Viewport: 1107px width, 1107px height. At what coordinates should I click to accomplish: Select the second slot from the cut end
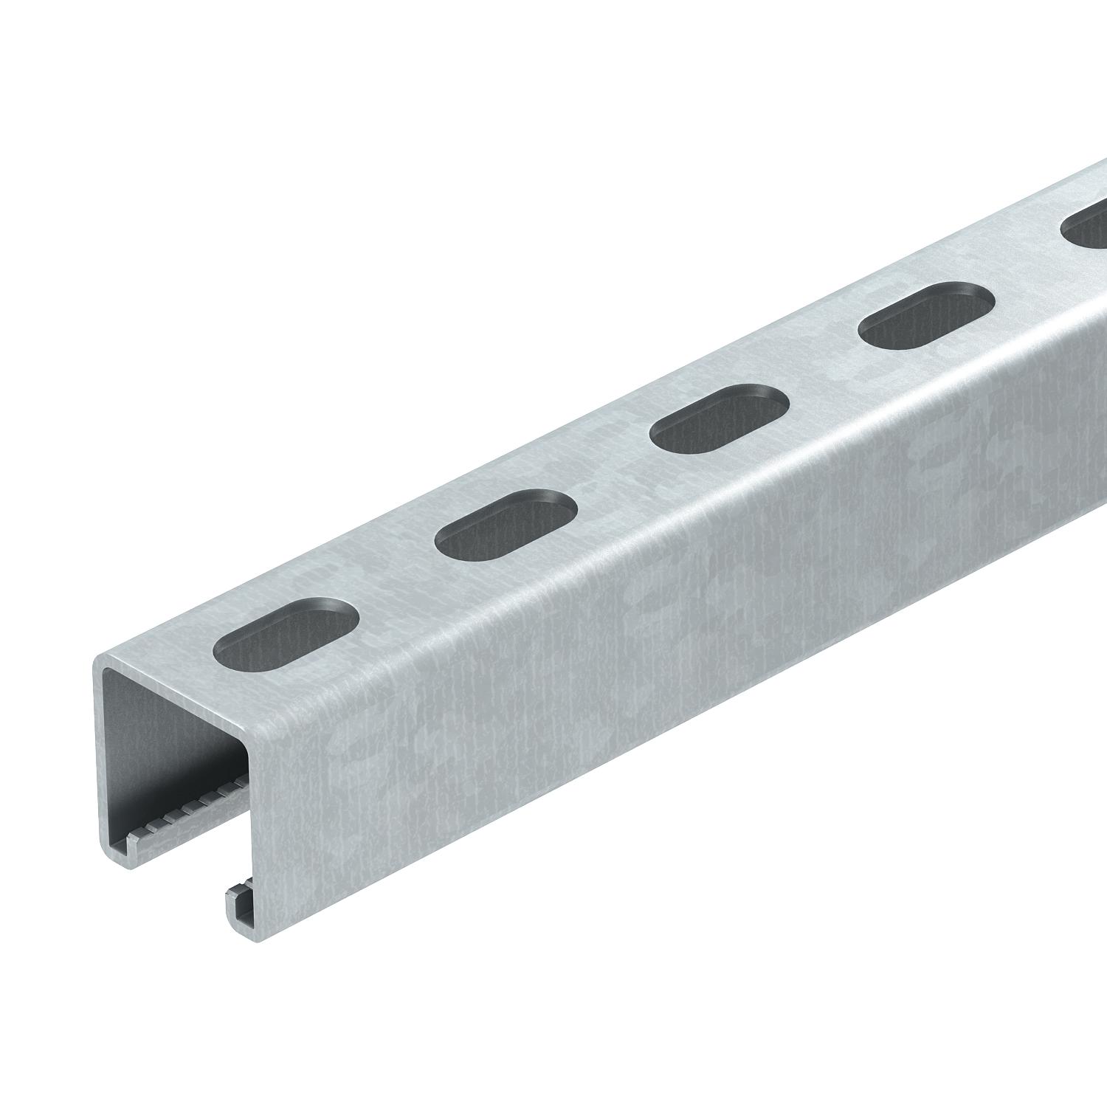pos(506,523)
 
